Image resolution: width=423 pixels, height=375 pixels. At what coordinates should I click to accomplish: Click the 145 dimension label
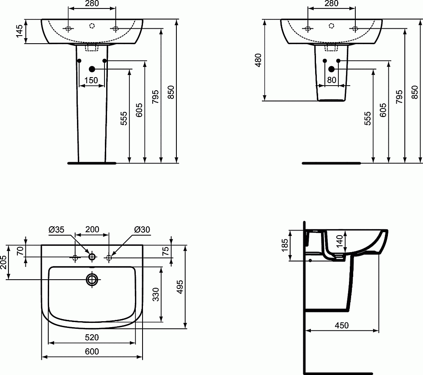click(x=19, y=31)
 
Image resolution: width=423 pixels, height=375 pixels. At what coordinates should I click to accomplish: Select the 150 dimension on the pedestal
click(x=91, y=80)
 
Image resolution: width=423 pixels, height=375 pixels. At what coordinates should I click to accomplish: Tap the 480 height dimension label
click(x=258, y=60)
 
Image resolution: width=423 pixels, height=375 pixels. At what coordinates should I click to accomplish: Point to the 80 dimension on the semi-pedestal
click(x=332, y=80)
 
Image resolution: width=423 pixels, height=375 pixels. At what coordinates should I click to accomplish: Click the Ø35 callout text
click(x=56, y=229)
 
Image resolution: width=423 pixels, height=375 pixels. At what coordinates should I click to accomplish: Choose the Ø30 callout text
click(x=142, y=229)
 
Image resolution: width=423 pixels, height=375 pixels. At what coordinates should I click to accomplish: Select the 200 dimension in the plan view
click(x=92, y=229)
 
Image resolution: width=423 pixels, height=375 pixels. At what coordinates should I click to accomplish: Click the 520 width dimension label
click(x=92, y=337)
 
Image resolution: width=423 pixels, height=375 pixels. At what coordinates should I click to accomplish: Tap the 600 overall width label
click(x=92, y=351)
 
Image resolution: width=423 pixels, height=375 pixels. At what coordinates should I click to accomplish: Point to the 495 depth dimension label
click(x=180, y=287)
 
